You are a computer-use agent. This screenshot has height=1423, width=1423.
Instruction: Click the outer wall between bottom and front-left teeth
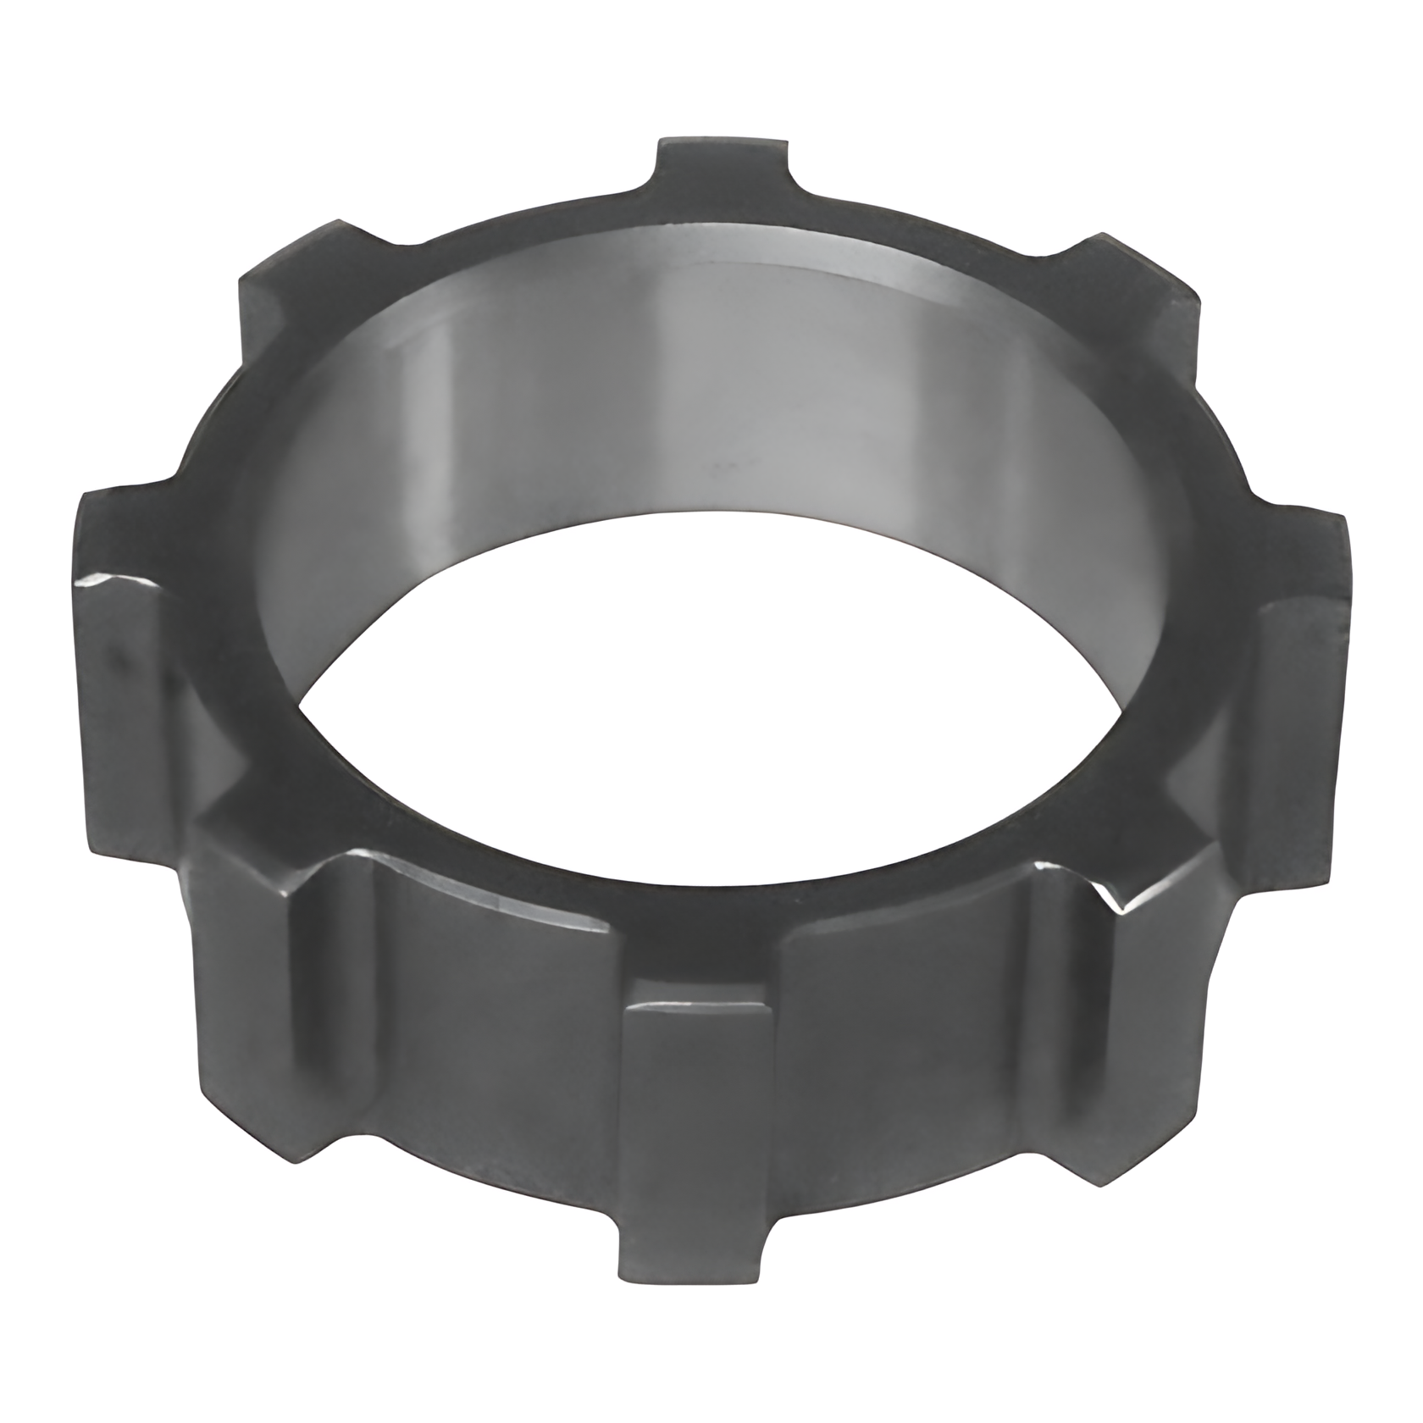click(500, 1059)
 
